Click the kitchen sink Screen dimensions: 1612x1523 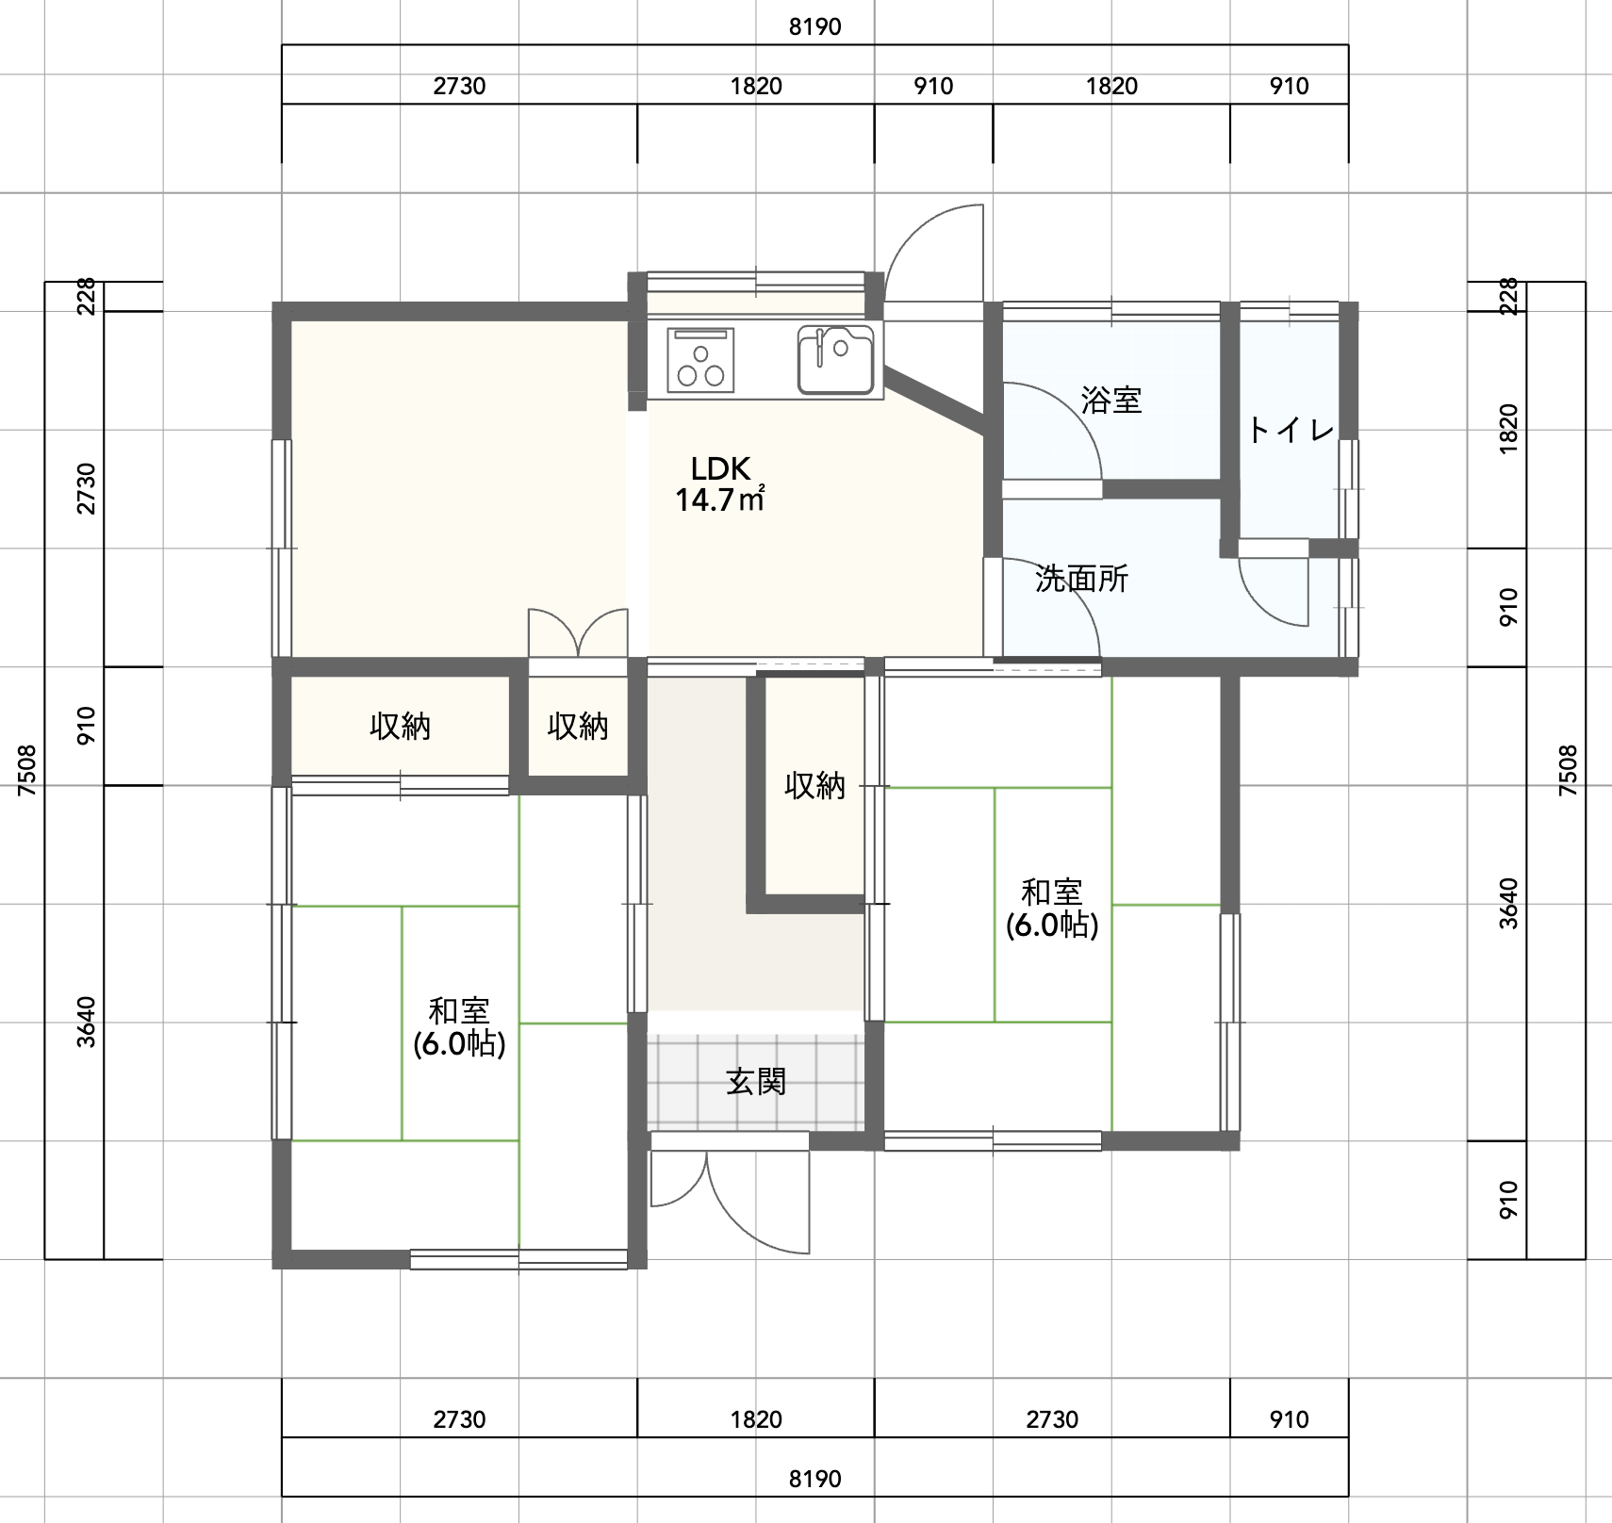pyautogui.click(x=835, y=359)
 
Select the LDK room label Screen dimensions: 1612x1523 pyautogui.click(x=720, y=468)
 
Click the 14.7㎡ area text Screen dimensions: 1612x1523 pyautogui.click(x=719, y=499)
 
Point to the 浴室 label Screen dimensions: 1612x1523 pyautogui.click(x=1111, y=401)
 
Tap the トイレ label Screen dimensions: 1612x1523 pyautogui.click(x=1291, y=431)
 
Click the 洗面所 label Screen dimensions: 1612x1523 pyautogui.click(x=1081, y=579)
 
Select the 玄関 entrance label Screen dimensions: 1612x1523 pyautogui.click(x=756, y=1082)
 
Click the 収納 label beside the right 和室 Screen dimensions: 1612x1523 pyautogui.click(x=815, y=785)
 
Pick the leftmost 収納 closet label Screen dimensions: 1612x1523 pyautogui.click(x=400, y=727)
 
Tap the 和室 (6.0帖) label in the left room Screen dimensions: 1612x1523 pyautogui.click(x=459, y=1027)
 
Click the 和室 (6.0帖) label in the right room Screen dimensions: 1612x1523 pyautogui.click(x=1052, y=909)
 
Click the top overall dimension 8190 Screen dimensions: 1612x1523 pyautogui.click(x=815, y=26)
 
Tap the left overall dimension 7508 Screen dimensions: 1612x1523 pyautogui.click(x=26, y=770)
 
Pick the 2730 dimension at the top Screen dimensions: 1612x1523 pyautogui.click(x=459, y=86)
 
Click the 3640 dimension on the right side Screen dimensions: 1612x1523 pyautogui.click(x=1509, y=903)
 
